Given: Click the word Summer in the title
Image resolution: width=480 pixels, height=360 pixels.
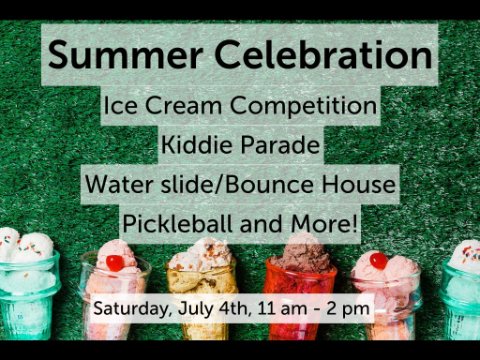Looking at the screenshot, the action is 125,54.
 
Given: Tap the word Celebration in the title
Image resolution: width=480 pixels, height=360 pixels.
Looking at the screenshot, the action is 323,54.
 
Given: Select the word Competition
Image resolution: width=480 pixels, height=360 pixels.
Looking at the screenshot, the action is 304,107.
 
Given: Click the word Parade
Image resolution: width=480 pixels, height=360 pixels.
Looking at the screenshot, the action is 280,145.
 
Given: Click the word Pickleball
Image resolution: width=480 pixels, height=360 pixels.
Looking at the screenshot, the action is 178,223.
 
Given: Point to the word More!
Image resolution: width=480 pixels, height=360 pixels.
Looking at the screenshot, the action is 325,223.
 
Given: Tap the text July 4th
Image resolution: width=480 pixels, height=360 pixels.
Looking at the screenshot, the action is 215,309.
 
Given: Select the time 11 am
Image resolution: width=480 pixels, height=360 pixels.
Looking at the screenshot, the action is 282,309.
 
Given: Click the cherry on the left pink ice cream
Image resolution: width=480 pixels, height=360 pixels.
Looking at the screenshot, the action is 115,263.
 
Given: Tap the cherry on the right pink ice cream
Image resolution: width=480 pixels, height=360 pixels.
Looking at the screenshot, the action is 379,261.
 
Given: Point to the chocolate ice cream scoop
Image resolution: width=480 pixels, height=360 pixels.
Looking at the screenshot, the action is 302,251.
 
